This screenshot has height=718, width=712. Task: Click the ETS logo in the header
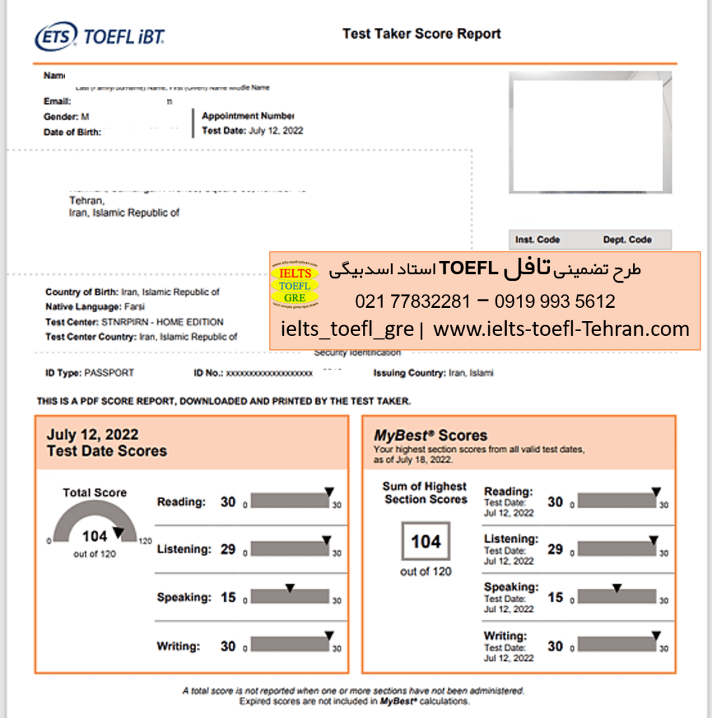56,36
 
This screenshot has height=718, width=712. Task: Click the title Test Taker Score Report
421,34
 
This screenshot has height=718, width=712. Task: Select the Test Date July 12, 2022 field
252,130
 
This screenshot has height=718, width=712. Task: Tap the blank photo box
586,136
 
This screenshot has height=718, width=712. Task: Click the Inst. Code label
538,240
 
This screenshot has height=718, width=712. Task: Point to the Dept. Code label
627,240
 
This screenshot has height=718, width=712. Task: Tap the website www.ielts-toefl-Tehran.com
561,329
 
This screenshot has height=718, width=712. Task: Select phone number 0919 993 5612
554,302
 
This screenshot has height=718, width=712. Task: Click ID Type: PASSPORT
90,373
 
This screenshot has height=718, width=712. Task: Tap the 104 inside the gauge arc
95,536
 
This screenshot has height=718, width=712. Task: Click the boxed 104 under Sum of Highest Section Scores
425,542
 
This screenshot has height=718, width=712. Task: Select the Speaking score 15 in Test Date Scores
228,597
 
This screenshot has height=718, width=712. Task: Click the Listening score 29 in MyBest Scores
555,549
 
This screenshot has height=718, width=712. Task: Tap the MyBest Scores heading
430,435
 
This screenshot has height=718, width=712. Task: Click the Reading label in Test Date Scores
181,502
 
